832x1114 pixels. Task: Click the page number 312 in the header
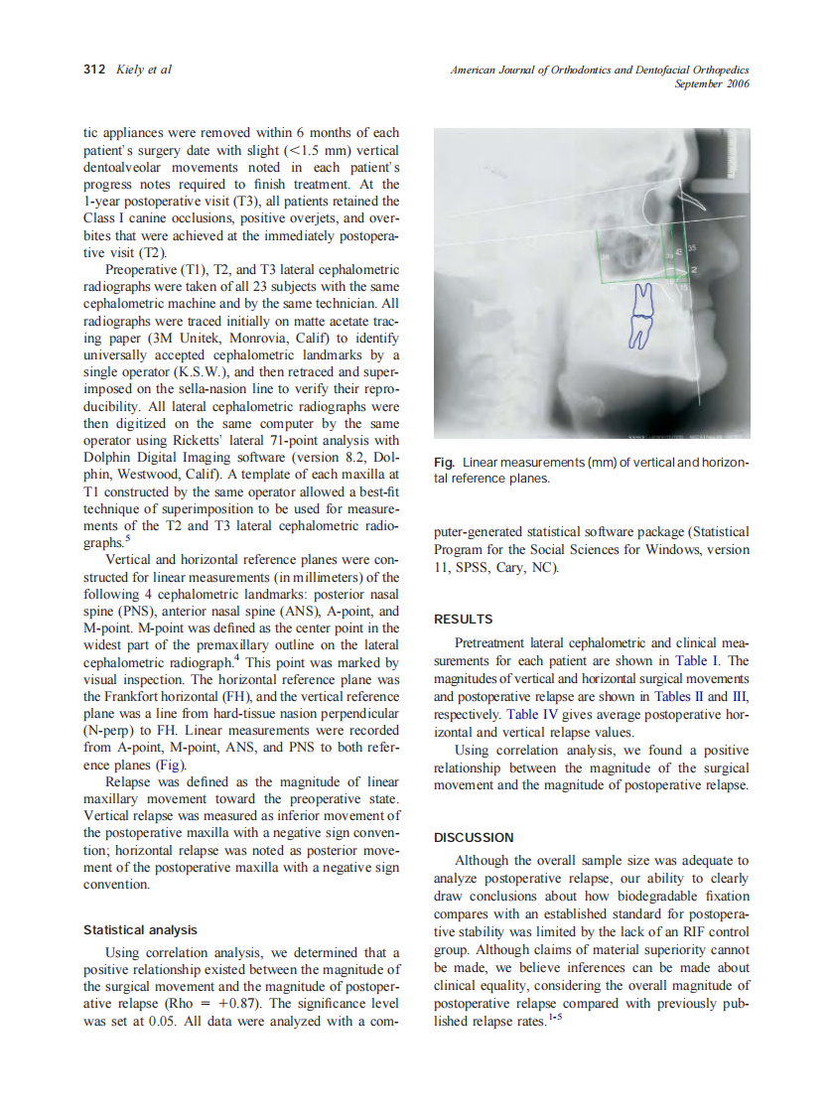point(93,70)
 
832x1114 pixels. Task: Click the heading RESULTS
point(464,619)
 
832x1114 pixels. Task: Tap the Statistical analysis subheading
point(140,930)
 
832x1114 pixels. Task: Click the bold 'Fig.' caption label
point(444,463)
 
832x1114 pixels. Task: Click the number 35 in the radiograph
point(692,246)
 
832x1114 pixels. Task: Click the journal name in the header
point(599,70)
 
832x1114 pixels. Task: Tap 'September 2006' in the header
point(712,84)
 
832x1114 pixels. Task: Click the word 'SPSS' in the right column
point(471,567)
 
